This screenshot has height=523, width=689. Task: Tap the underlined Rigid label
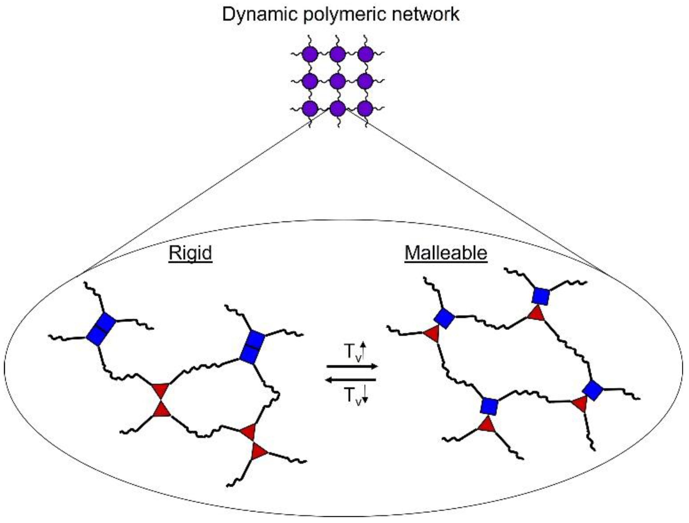click(x=190, y=253)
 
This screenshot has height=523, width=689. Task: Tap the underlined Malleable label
click(x=446, y=253)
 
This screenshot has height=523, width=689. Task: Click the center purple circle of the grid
click(x=338, y=82)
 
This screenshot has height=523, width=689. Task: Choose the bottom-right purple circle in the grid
click(x=365, y=109)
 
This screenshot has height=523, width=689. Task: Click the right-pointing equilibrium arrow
click(x=352, y=366)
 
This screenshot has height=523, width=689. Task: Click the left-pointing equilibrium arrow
click(x=352, y=379)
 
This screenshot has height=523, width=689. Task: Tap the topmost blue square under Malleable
click(x=541, y=296)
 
